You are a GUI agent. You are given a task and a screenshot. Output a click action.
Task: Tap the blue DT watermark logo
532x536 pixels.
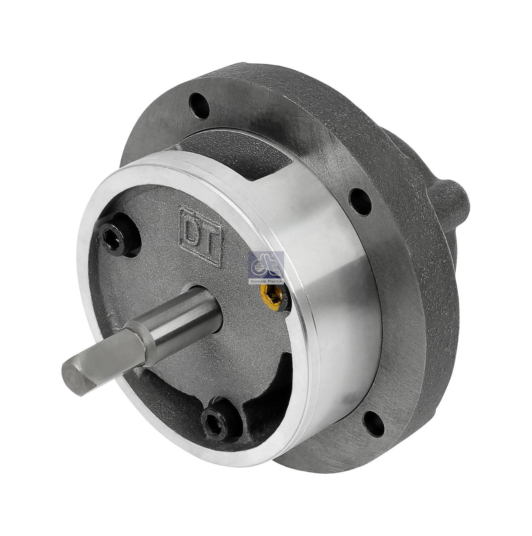[x=266, y=265]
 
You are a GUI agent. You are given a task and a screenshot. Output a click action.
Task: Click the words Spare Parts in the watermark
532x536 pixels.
[x=266, y=282]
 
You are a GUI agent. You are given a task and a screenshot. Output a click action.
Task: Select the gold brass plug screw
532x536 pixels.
[x=272, y=296]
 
